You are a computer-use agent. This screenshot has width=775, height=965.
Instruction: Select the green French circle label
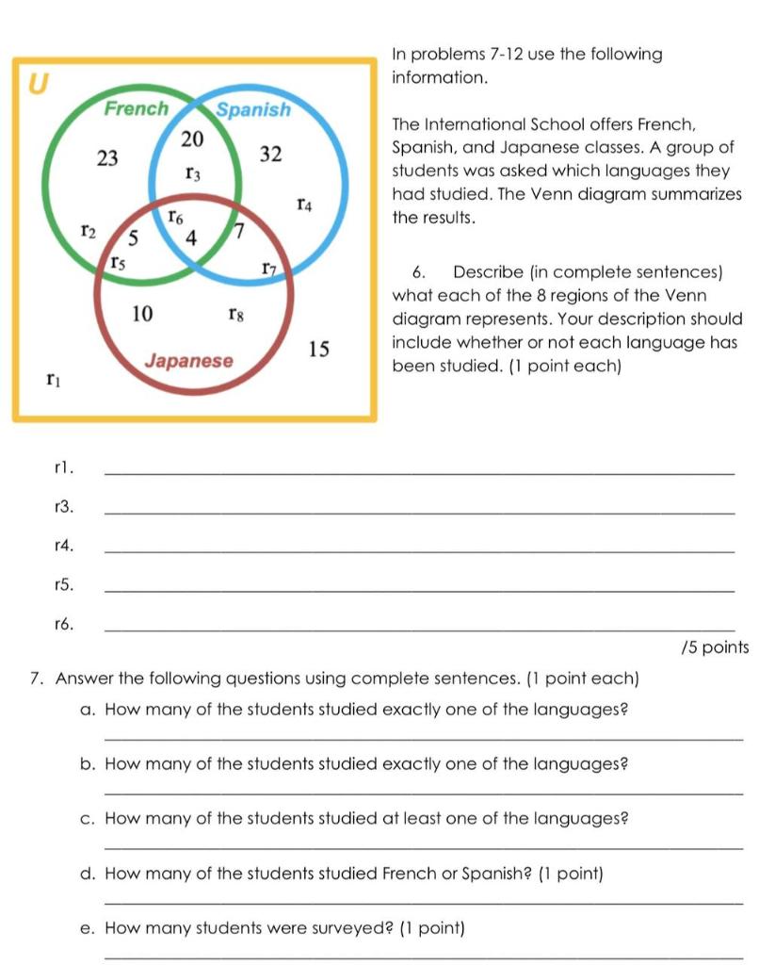coord(136,108)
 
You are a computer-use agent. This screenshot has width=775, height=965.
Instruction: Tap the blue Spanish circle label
coord(253,109)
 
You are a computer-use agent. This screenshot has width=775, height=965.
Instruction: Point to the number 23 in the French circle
coord(107,158)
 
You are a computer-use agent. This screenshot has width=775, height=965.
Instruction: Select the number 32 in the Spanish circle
coord(270,155)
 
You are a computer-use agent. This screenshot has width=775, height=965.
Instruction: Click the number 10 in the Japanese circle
coord(142,313)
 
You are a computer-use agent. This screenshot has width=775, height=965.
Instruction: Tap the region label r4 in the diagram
coord(305,203)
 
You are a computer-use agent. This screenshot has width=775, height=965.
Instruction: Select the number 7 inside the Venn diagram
coord(238,230)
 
